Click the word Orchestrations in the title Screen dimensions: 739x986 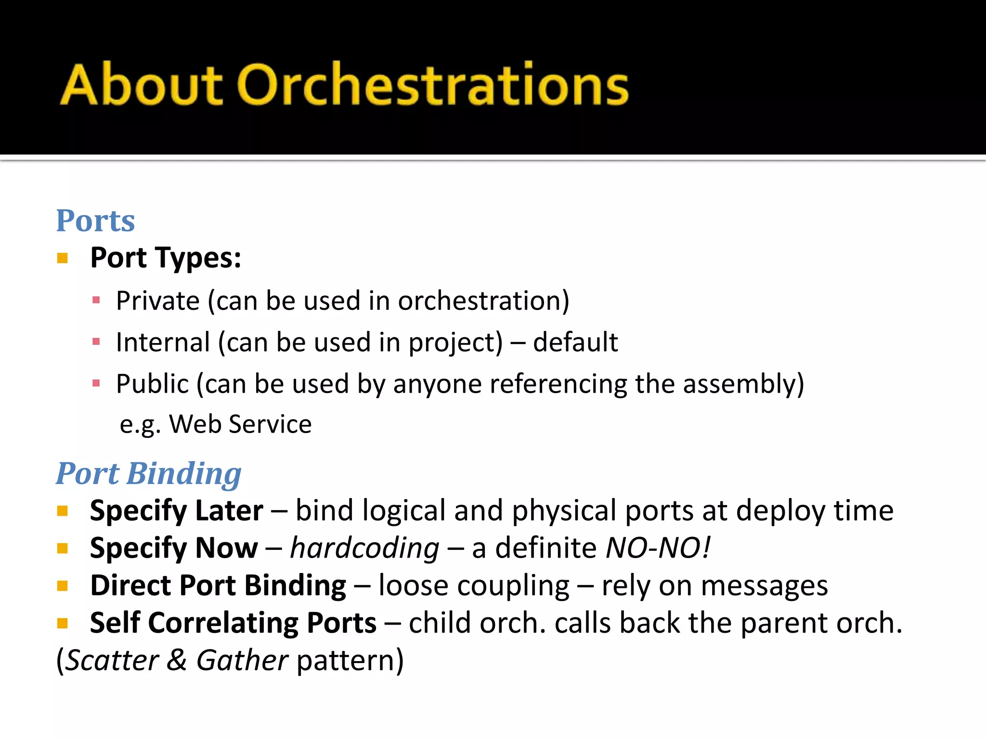433,85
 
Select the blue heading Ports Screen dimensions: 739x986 95,221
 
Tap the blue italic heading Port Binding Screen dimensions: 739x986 148,474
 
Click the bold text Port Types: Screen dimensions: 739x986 166,258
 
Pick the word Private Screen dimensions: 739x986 157,301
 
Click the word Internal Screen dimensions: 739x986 163,343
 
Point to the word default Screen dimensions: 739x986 575,343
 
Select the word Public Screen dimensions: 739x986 152,384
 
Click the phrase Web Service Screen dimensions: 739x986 240,424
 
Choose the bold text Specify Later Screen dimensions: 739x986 176,510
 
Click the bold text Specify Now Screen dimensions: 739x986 174,548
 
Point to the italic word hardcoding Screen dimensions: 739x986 364,548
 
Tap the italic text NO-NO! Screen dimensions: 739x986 658,548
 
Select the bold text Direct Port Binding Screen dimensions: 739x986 218,586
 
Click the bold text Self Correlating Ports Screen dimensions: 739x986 233,623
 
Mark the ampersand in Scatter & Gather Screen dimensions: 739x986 177,660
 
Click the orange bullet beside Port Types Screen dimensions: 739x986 62,258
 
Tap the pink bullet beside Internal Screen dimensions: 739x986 96,342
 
